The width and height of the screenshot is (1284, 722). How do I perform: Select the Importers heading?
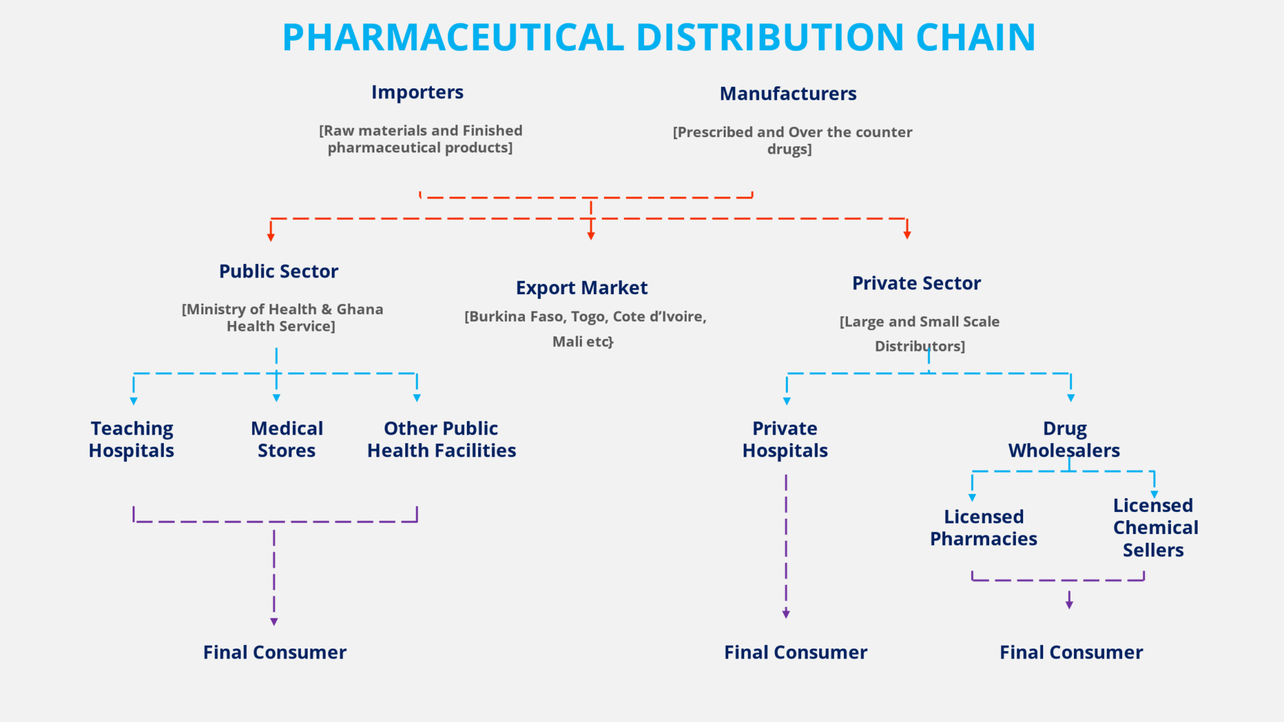(417, 92)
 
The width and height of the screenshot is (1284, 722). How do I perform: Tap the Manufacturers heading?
(788, 94)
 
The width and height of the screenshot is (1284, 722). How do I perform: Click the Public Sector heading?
(278, 271)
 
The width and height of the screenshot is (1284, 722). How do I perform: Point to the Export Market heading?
(581, 288)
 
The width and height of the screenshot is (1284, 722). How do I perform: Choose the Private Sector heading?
(916, 283)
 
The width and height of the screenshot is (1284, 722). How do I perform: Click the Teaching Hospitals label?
(132, 439)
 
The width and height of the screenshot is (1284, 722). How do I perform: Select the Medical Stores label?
(287, 439)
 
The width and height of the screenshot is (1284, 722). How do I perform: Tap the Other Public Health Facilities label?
(441, 439)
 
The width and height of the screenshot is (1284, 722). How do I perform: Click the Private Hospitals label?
(785, 439)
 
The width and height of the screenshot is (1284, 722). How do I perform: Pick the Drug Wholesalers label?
(1064, 439)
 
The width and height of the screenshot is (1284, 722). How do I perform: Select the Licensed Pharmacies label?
(983, 527)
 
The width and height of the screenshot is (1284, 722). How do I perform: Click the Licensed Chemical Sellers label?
(1155, 527)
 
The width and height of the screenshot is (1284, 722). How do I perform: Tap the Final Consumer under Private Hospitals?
(795, 652)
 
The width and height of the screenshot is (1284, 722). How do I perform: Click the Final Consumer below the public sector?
(274, 652)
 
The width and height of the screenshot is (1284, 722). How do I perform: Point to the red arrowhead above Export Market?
(591, 235)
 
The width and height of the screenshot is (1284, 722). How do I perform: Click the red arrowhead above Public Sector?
(271, 237)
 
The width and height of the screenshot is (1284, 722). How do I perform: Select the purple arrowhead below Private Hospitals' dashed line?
(786, 614)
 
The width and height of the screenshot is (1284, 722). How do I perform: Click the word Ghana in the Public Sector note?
(360, 310)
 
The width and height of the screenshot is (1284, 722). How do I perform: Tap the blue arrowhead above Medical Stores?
(276, 398)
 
